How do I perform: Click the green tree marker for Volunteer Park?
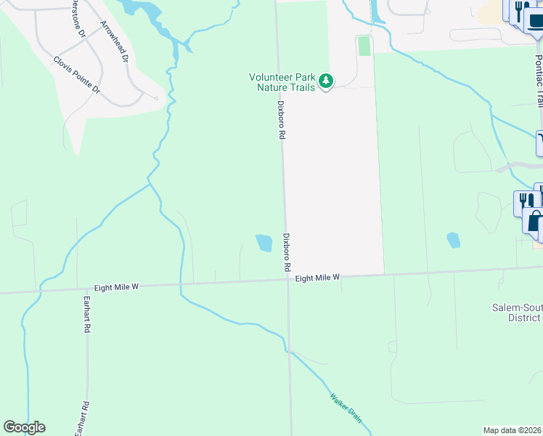pos(326,81)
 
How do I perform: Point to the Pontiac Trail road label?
pos(538,80)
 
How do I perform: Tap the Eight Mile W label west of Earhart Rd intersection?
pos(114,287)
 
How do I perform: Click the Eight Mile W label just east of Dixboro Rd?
pos(317,278)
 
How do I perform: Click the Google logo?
pos(24,427)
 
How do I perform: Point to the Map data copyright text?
pos(513,430)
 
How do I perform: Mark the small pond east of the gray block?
pos(453,240)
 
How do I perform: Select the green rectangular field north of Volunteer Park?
pos(364,46)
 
